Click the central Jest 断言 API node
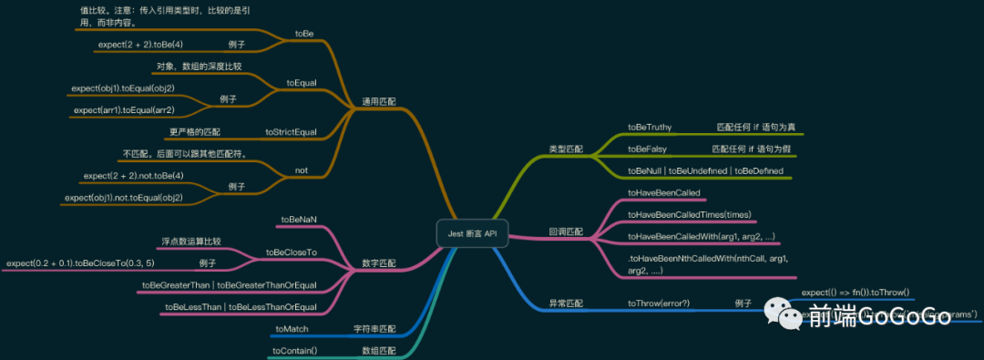472,233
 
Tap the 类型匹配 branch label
566,148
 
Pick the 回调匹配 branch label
566,231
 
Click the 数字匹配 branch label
379,263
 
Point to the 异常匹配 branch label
566,303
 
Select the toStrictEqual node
291,132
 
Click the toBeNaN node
299,220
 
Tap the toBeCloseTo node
291,252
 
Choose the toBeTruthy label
650,127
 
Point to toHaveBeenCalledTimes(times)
690,214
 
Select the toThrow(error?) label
659,303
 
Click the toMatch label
292,327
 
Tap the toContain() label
294,350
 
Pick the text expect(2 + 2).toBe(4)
140,44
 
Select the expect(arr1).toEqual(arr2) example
124,110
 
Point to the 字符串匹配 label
374,327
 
